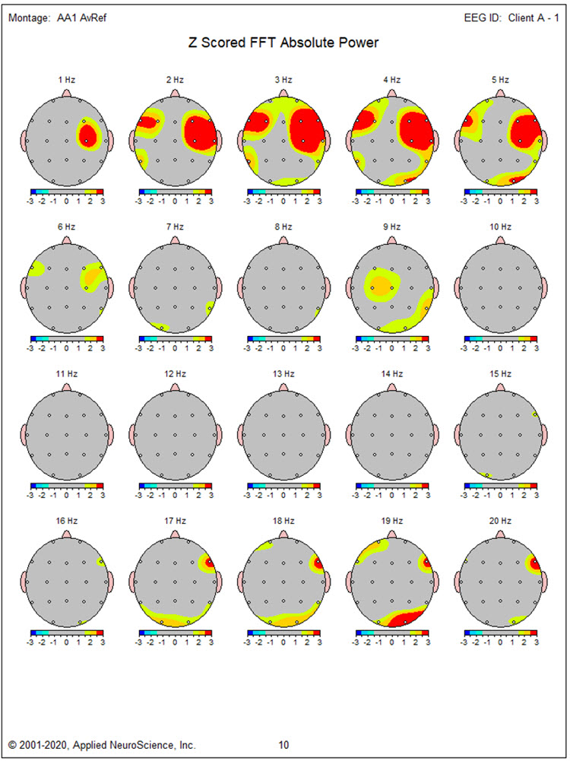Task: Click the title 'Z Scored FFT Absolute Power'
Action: pos(283,43)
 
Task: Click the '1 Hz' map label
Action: pos(66,80)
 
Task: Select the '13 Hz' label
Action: pos(283,374)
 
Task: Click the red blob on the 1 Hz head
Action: pos(88,135)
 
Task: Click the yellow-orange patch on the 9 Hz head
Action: pos(378,285)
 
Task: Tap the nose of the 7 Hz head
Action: pos(175,239)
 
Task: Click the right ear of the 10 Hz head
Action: pos(545,287)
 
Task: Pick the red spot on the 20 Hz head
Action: pos(535,563)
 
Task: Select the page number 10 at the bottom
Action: pos(283,745)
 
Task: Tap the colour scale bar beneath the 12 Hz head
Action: pos(175,484)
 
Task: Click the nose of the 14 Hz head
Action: pos(391,386)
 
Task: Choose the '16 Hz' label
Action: pos(66,521)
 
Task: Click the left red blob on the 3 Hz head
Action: pos(261,122)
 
